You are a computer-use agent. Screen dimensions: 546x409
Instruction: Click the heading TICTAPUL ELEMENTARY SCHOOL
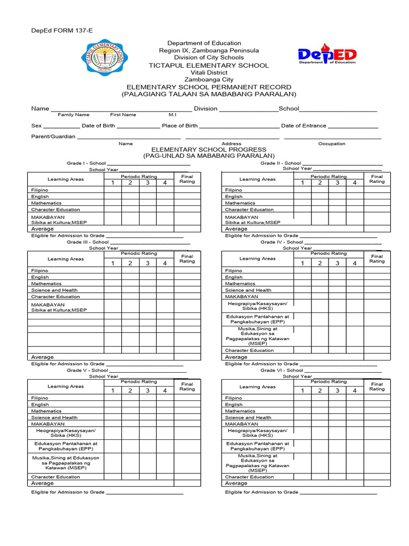(208, 65)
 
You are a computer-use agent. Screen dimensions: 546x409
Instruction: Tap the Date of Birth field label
(97, 126)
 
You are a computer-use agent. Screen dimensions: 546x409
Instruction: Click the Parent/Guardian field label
(53, 136)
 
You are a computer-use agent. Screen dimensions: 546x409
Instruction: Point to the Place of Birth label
(179, 126)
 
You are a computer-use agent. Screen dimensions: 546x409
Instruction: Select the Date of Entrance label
(304, 126)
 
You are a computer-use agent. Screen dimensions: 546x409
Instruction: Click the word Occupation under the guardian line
(332, 143)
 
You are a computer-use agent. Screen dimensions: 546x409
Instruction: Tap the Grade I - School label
(86, 163)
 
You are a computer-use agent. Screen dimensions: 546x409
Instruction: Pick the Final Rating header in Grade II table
(377, 179)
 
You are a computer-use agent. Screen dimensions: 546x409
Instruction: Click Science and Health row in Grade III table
(54, 290)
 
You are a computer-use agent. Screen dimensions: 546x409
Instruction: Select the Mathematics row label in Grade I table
(46, 203)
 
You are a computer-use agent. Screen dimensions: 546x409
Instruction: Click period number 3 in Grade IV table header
(337, 263)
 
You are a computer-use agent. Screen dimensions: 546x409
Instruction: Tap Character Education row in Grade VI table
(249, 477)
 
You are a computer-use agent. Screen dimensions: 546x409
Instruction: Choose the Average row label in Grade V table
(43, 483)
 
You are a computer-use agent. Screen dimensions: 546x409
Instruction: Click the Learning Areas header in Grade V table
(66, 386)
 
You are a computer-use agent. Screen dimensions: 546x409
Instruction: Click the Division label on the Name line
(206, 108)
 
